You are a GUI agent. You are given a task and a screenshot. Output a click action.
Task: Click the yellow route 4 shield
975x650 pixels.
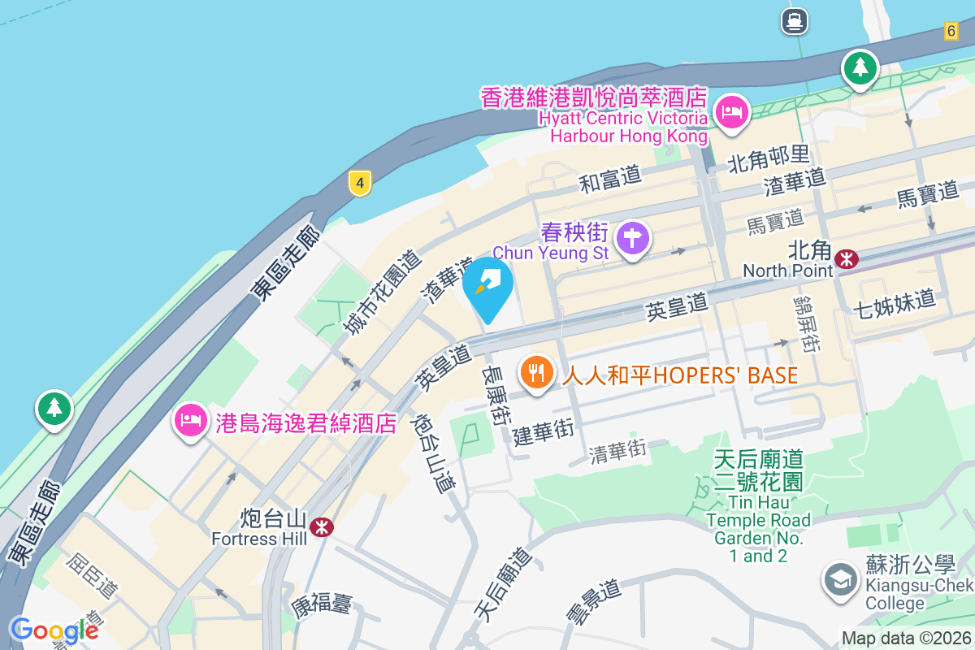[x=359, y=183]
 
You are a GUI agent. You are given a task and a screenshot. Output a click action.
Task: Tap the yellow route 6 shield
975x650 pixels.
[x=951, y=31]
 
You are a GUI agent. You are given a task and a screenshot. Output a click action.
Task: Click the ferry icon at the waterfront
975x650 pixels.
[x=794, y=21]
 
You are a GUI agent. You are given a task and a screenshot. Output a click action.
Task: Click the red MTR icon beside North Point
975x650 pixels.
[x=847, y=258]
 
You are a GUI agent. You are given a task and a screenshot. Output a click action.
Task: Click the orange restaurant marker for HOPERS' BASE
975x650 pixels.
[x=535, y=374]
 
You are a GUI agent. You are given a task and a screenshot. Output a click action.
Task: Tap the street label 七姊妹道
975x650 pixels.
[x=895, y=303]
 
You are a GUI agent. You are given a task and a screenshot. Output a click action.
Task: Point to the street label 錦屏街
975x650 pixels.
[x=804, y=323]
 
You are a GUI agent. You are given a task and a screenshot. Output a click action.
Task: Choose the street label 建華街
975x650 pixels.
[x=544, y=431]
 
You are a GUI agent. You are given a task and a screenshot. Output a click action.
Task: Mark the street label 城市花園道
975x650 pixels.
[x=382, y=292]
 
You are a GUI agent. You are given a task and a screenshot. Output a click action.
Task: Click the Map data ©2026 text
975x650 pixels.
[x=906, y=639]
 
